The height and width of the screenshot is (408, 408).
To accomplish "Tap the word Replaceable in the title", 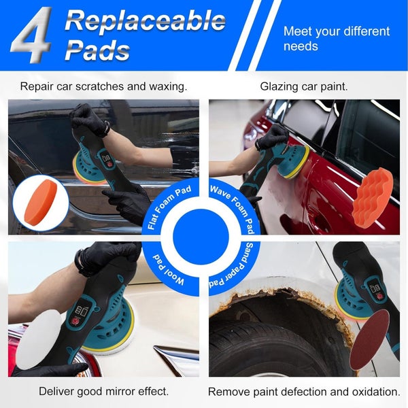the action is [146, 20].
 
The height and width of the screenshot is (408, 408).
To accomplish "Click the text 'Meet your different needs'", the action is [336, 39].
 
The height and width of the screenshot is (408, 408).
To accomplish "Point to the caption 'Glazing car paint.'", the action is [304, 86].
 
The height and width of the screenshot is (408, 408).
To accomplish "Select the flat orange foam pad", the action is [40, 202].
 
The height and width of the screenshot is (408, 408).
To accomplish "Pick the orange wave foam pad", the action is [372, 199].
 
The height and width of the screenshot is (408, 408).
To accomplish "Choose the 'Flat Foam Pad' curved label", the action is [169, 207].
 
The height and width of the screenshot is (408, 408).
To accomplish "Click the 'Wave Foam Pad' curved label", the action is [233, 208].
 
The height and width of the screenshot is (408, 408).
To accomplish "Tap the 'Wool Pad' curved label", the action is [168, 271].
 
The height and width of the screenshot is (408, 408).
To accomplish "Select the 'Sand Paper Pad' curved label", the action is [233, 268].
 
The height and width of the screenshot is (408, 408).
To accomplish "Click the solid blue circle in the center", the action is [201, 237].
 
